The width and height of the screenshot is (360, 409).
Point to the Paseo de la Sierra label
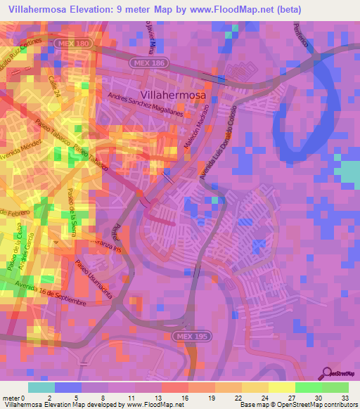tap(71, 211)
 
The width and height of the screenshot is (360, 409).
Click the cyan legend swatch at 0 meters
tap(41, 387)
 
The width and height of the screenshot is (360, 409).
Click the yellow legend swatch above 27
tap(281, 387)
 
